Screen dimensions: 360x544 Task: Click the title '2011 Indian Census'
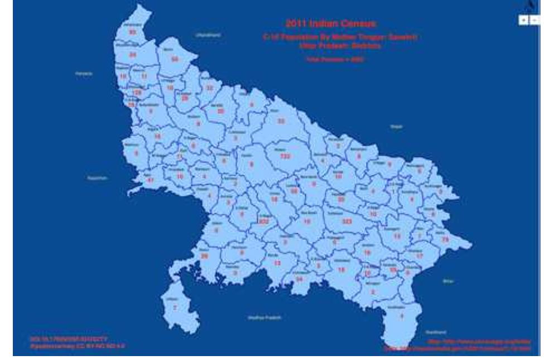[331, 23]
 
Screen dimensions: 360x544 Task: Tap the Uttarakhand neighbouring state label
[208, 35]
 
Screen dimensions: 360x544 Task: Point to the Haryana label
[84, 73]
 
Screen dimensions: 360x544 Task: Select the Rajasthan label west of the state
[97, 178]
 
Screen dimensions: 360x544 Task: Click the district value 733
[286, 157]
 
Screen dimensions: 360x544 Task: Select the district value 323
[347, 221]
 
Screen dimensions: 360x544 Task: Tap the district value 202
[264, 221]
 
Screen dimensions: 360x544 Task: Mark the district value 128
[137, 93]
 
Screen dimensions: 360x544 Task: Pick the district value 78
[445, 239]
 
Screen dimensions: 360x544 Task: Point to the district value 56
[175, 59]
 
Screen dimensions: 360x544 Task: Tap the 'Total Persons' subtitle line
[331, 59]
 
